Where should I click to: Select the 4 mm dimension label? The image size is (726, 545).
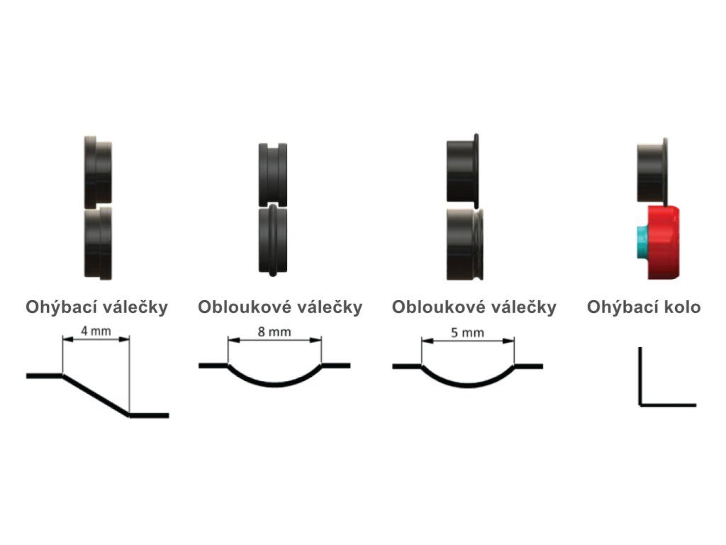click(96, 331)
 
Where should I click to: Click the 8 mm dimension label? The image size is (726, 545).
click(274, 331)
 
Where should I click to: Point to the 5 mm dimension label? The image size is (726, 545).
click(467, 331)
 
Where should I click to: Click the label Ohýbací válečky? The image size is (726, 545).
click(97, 307)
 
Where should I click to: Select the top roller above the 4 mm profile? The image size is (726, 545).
click(98, 170)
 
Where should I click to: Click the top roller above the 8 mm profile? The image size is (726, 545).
click(273, 173)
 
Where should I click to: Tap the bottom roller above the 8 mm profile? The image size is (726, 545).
click(273, 239)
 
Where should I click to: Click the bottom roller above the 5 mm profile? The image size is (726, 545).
click(465, 243)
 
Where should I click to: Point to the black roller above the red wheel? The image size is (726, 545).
click(652, 170)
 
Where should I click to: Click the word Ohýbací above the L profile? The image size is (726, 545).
click(618, 307)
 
